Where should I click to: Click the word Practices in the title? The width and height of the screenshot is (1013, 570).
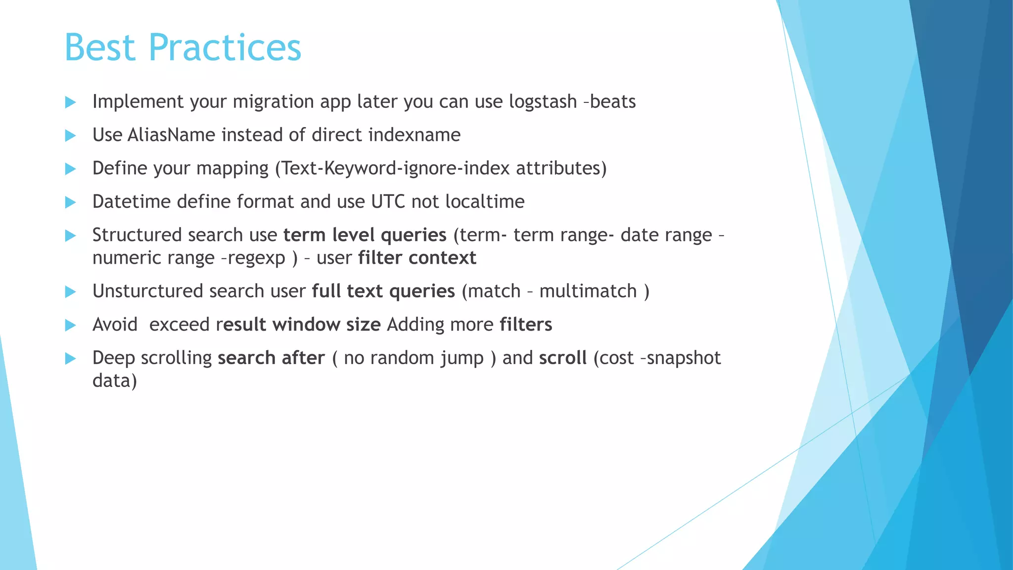(x=225, y=47)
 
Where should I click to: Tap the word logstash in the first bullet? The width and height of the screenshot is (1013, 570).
(x=543, y=101)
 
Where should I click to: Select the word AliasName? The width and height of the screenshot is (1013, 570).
(x=171, y=135)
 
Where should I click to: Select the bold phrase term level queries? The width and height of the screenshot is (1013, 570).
(x=365, y=235)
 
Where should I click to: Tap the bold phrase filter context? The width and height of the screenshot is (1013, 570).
(x=417, y=258)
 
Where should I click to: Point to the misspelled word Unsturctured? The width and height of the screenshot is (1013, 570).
(x=147, y=291)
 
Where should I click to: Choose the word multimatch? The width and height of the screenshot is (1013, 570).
(x=588, y=291)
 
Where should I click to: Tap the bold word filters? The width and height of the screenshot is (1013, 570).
(x=525, y=325)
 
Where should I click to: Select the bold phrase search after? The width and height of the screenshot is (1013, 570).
(x=271, y=358)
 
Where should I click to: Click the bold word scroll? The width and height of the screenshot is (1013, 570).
(x=562, y=358)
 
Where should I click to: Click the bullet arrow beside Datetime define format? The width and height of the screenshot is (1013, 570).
(x=70, y=202)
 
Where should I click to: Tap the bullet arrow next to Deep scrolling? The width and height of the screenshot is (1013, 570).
(x=70, y=358)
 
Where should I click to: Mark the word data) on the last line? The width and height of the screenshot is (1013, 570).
(x=114, y=380)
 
